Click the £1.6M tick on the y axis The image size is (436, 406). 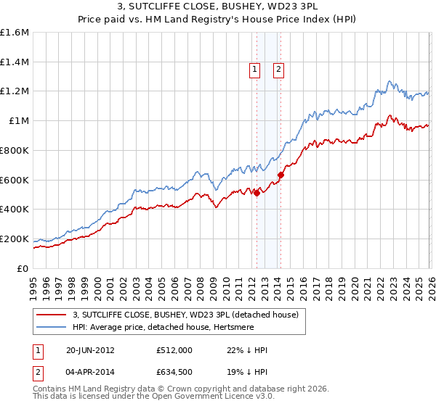(x=14, y=33)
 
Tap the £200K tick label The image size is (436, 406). (x=14, y=239)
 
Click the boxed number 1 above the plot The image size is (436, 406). (x=255, y=70)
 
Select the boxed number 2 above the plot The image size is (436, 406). (x=278, y=70)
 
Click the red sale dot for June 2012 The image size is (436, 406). (x=257, y=192)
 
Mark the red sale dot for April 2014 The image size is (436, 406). (x=280, y=174)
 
